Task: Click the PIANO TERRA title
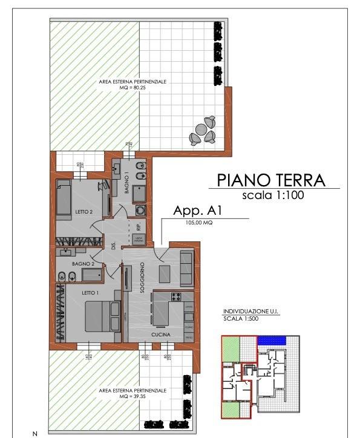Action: (x=270, y=180)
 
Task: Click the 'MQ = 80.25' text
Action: (x=134, y=87)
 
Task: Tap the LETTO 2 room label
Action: (x=83, y=212)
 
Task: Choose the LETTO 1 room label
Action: (x=91, y=292)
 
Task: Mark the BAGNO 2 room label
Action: (x=80, y=264)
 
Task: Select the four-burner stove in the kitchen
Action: (x=178, y=297)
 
